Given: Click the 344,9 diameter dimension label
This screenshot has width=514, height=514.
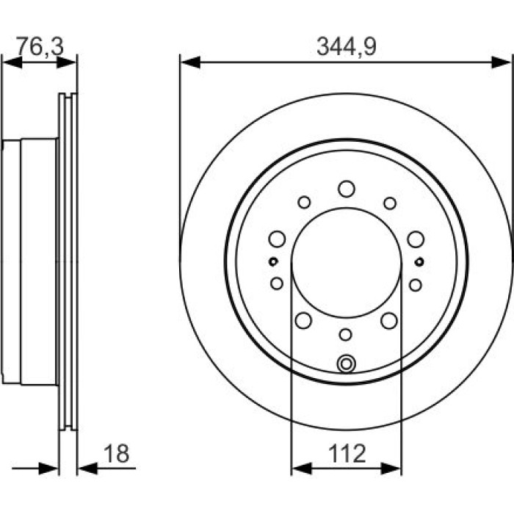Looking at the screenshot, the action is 346,46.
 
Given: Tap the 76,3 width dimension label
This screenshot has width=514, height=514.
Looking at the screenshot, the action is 40,46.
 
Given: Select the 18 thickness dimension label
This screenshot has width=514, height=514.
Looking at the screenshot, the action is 116,453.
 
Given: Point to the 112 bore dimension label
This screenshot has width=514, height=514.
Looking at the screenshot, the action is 347,453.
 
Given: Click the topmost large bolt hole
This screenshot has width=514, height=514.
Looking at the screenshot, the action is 347,189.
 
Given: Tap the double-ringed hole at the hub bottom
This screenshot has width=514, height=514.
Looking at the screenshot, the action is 346,363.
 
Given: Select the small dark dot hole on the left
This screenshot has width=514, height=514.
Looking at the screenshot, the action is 273,261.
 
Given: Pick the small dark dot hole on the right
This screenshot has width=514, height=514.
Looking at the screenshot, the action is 419,262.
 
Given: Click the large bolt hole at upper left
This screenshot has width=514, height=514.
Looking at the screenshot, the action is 277,239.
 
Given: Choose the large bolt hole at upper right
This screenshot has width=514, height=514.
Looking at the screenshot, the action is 416,239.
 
